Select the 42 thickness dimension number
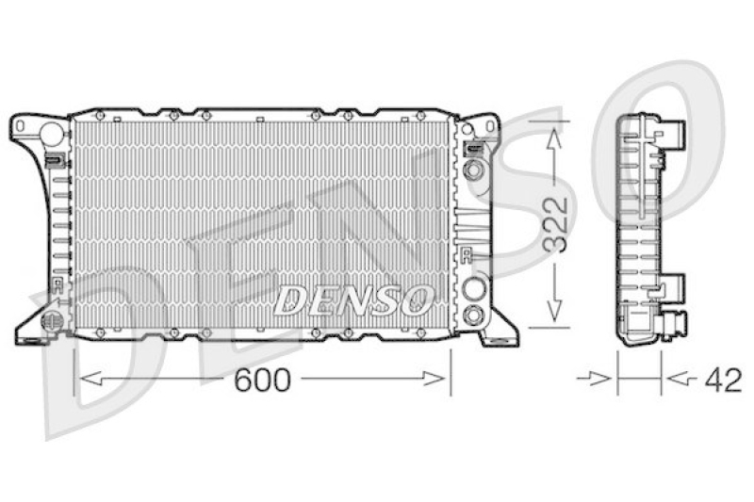point(723,380)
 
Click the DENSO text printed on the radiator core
point(352,300)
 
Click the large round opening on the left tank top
point(52,134)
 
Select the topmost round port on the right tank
point(474,170)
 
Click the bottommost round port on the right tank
point(475,314)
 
